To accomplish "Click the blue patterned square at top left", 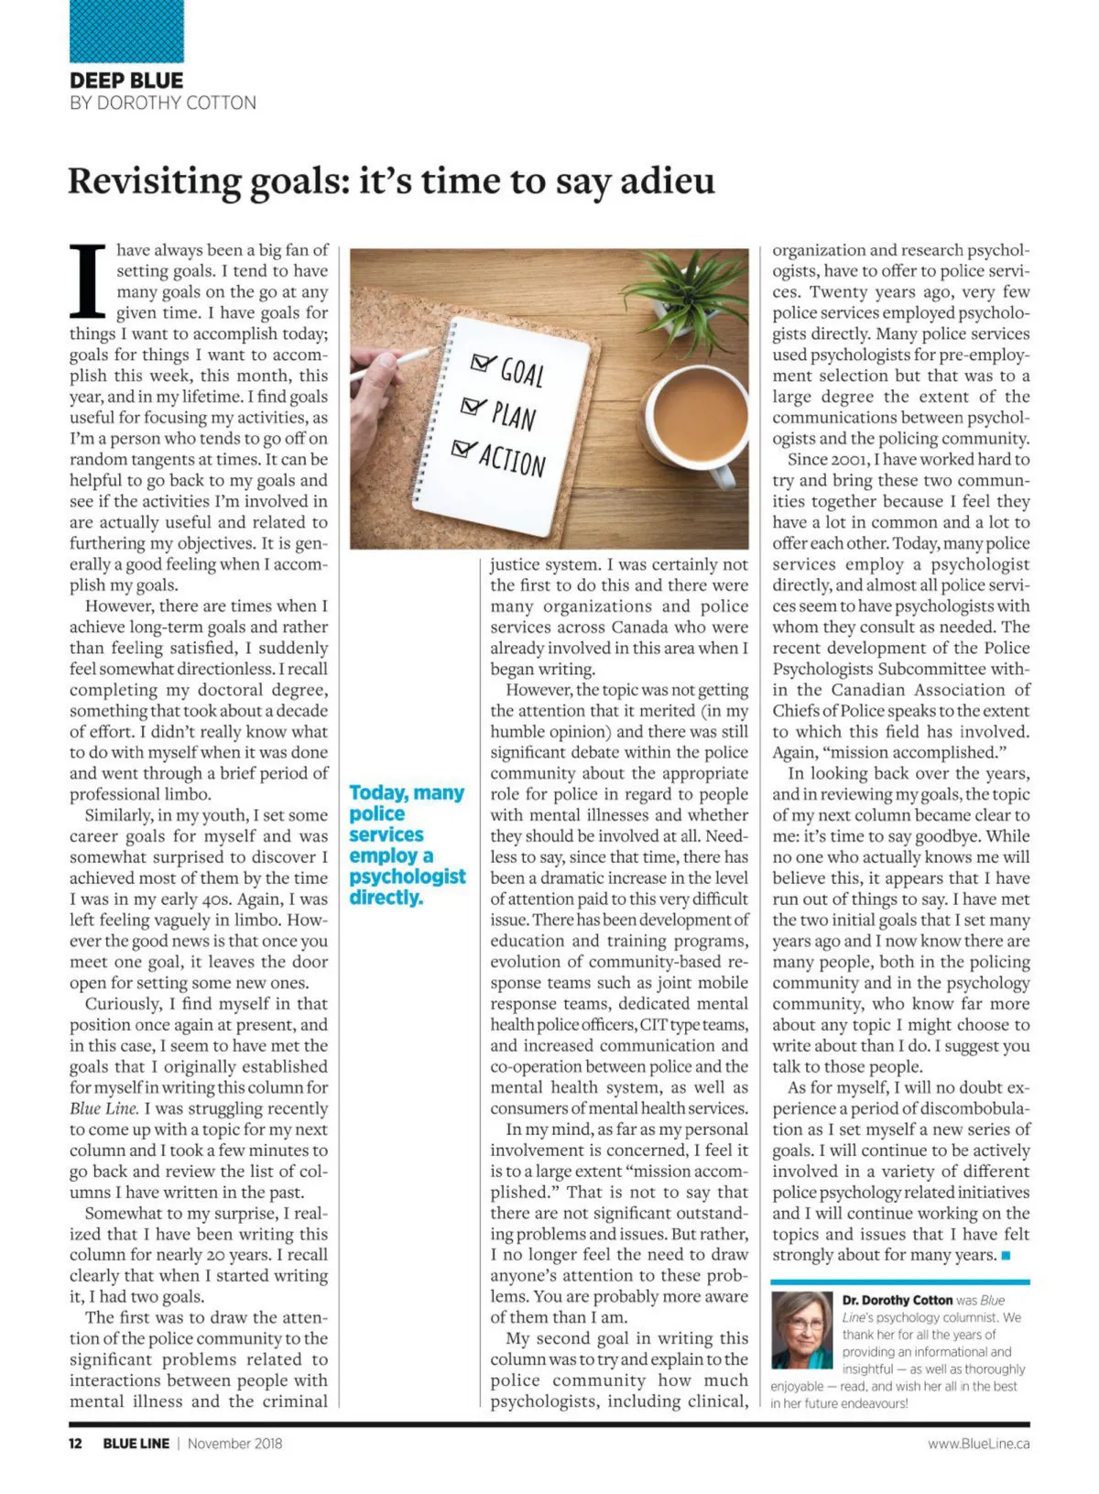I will (x=126, y=30).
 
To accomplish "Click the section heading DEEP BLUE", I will (x=126, y=81).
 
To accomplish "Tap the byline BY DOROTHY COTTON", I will (x=163, y=103).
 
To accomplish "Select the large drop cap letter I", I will (x=89, y=280).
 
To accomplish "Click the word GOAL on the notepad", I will (x=522, y=373).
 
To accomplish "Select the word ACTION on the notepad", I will (x=512, y=456).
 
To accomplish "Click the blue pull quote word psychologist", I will (x=408, y=877).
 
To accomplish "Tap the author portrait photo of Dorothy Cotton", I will (x=801, y=1330).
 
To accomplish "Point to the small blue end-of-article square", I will (x=1007, y=1256).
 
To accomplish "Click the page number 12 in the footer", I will (x=75, y=1444).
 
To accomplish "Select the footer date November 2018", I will (x=234, y=1444).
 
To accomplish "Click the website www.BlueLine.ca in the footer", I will (x=978, y=1444).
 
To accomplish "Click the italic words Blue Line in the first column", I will (x=103, y=1108).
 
